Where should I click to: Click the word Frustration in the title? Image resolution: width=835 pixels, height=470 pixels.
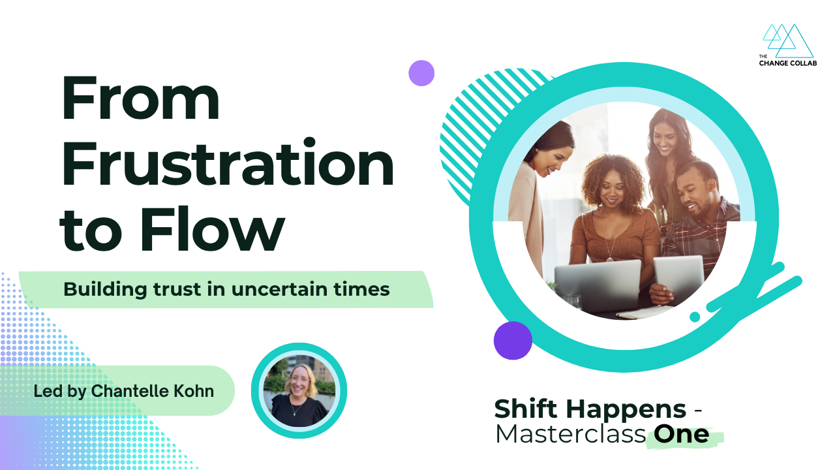pos(228,163)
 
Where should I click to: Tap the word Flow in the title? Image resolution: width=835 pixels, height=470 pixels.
pos(213,228)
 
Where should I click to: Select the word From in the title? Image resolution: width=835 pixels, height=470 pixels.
pos(140,98)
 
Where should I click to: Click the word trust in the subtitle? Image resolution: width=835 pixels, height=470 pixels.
pos(177,289)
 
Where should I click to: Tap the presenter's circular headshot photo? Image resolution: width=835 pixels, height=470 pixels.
pos(299,390)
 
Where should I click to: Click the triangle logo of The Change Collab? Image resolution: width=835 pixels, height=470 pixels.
pos(787,41)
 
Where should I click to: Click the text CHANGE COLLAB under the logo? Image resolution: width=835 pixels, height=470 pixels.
pos(787,63)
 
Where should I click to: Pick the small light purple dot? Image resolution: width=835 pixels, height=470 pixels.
pos(421,73)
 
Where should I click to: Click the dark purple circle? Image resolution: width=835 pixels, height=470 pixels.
pos(513,341)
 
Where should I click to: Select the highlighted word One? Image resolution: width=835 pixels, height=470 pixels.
pos(682,434)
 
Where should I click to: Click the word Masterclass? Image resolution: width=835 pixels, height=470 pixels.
pos(570,434)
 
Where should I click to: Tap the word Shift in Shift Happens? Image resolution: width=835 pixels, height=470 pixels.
pos(526,409)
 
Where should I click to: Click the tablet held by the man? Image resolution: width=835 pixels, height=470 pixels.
pos(678,279)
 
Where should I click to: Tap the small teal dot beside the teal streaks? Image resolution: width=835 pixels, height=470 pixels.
pos(695,317)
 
